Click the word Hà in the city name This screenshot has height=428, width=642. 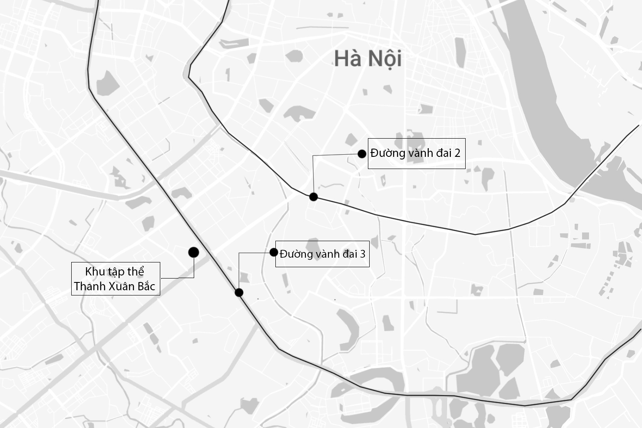(x=348, y=58)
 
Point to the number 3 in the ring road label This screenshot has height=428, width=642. (x=362, y=254)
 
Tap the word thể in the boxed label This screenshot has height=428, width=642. (x=136, y=272)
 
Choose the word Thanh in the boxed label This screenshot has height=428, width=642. (x=87, y=286)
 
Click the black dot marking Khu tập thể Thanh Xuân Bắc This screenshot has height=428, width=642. (x=194, y=252)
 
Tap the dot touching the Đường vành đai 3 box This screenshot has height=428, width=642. (x=274, y=252)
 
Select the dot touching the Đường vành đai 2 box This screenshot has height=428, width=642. (x=361, y=153)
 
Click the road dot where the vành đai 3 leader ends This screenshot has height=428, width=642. (x=239, y=292)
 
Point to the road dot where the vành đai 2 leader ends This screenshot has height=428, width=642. (x=314, y=197)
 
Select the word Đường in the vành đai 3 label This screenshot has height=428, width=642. (x=294, y=254)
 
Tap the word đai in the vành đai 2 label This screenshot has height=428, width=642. (x=443, y=153)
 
